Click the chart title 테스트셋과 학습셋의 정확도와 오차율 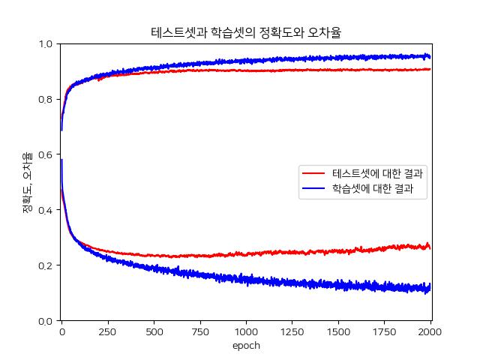[246, 32]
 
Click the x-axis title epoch [246, 346]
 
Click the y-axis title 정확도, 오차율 [27, 182]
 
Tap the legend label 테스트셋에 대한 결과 [376, 173]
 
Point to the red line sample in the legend [315, 173]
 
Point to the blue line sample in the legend [315, 190]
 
